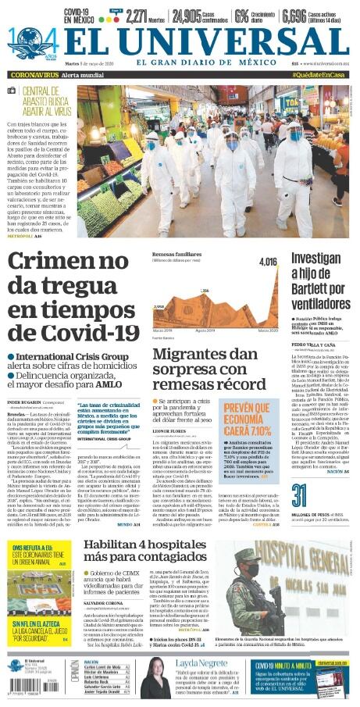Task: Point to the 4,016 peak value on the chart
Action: click(x=267, y=261)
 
